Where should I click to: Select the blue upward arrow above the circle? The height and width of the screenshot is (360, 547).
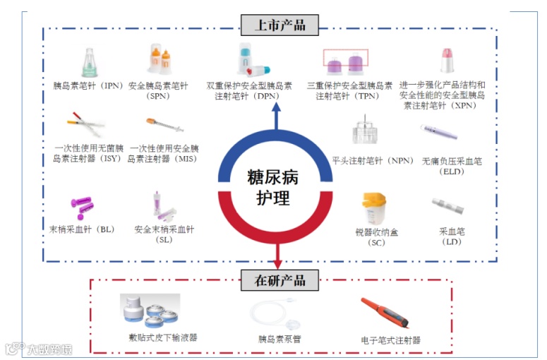pos(277,116)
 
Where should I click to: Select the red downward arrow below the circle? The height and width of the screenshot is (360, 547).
pos(277,254)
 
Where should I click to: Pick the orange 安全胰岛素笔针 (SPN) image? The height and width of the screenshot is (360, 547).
pos(160,61)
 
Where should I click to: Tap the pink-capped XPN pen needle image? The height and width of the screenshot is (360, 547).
pos(446,61)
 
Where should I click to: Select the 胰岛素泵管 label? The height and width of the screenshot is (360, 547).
pos(279,339)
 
